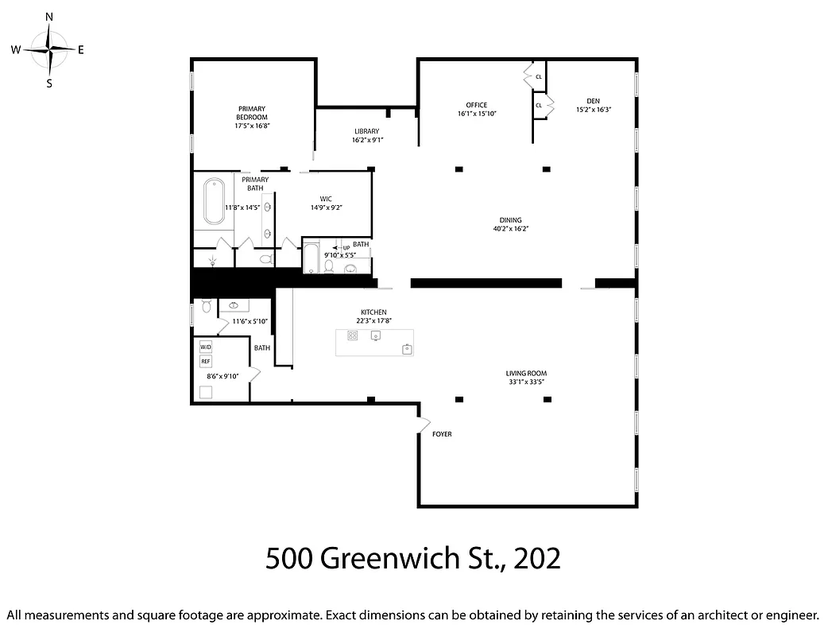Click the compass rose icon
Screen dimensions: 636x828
pyautogui.click(x=50, y=49)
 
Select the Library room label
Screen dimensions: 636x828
pyautogui.click(x=366, y=131)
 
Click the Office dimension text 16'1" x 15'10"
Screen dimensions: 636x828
pyautogui.click(x=477, y=114)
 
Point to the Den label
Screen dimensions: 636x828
pyautogui.click(x=593, y=101)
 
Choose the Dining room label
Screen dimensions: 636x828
pyautogui.click(x=510, y=220)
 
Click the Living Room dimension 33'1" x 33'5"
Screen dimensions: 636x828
pyautogui.click(x=526, y=382)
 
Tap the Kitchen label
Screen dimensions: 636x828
pyautogui.click(x=373, y=312)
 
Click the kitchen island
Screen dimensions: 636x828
pyautogui.click(x=374, y=342)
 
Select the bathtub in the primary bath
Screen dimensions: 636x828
pyautogui.click(x=214, y=202)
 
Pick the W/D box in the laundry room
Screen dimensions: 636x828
pyautogui.click(x=206, y=347)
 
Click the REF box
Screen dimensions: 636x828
pyautogui.click(x=206, y=361)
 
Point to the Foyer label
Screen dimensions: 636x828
pyautogui.click(x=442, y=434)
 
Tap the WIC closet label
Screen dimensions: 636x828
pyautogui.click(x=326, y=199)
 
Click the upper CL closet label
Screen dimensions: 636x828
pyautogui.click(x=539, y=77)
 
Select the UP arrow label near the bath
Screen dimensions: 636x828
pyautogui.click(x=346, y=248)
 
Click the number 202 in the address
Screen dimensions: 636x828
pyautogui.click(x=537, y=558)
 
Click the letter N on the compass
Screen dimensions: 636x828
pyautogui.click(x=49, y=17)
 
